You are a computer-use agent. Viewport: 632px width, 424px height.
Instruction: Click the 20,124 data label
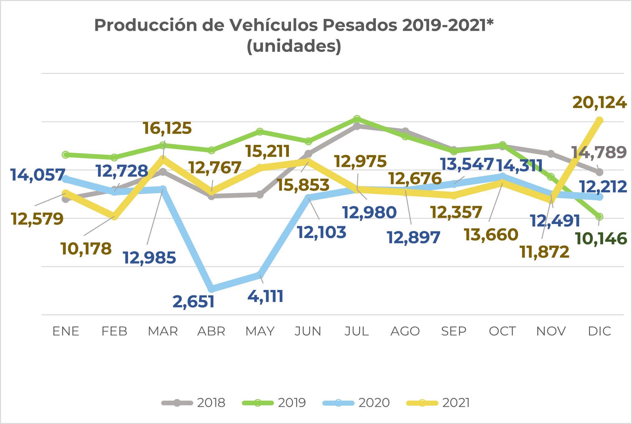599,103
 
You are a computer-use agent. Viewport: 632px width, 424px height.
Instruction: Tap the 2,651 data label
194,302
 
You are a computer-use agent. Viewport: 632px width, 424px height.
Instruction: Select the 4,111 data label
266,296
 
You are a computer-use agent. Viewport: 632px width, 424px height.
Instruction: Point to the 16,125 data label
167,128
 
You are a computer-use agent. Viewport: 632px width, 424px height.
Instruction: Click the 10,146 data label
601,239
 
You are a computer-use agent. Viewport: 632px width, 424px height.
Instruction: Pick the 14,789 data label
599,153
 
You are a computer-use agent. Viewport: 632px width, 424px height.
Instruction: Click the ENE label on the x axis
66,331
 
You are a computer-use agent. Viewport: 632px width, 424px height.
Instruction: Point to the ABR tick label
211,331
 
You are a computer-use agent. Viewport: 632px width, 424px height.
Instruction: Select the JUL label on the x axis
357,331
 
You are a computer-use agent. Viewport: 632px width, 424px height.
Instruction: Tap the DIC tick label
599,331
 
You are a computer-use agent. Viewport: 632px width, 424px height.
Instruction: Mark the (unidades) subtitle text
294,46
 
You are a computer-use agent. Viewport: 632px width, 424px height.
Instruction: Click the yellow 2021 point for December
599,121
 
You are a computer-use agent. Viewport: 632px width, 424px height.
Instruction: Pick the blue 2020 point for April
211,289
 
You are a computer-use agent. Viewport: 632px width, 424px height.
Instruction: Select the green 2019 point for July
357,119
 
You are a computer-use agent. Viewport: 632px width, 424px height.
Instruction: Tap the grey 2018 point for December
599,172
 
